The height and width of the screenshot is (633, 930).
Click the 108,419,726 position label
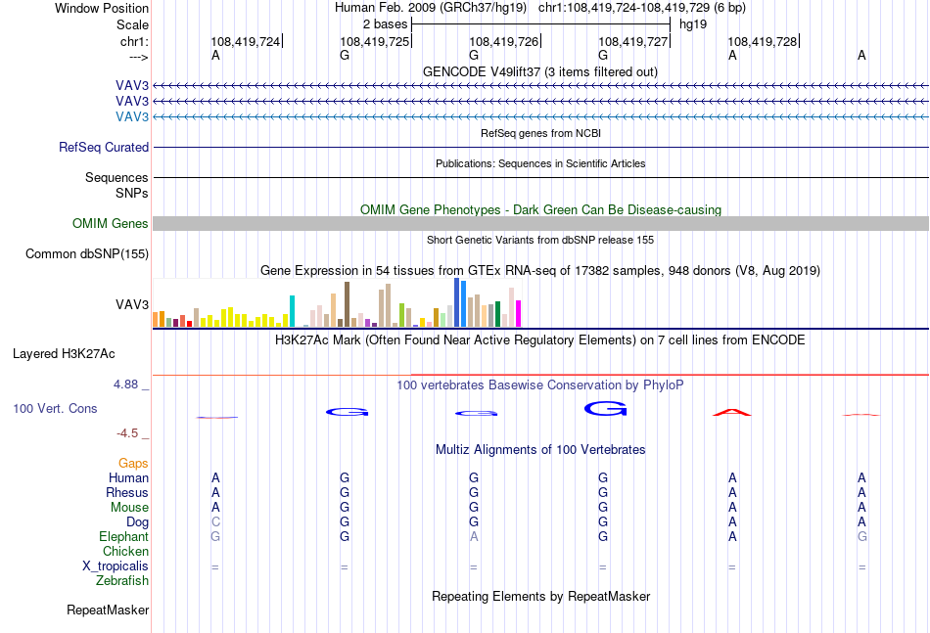(503, 41)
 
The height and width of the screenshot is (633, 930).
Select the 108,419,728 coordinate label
(763, 41)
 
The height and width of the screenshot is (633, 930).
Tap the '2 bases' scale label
(386, 24)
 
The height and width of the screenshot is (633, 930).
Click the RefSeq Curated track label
(104, 147)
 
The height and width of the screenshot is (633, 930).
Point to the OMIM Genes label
(111, 223)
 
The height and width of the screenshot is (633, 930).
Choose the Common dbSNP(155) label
(87, 253)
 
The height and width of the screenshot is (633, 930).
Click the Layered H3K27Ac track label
(64, 354)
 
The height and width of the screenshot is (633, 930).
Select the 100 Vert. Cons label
(55, 408)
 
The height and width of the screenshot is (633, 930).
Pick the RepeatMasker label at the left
(108, 610)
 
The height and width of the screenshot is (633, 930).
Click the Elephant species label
(124, 536)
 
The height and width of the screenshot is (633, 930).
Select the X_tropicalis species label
(116, 566)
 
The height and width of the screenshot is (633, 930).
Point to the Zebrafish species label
(122, 581)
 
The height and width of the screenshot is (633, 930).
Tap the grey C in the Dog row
(215, 522)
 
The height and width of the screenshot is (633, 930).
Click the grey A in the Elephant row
(473, 536)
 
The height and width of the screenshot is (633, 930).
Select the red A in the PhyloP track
(732, 412)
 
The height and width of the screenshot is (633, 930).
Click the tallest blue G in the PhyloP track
(606, 408)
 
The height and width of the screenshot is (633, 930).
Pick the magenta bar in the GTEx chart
(519, 313)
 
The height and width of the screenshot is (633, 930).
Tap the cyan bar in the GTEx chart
(292, 311)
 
